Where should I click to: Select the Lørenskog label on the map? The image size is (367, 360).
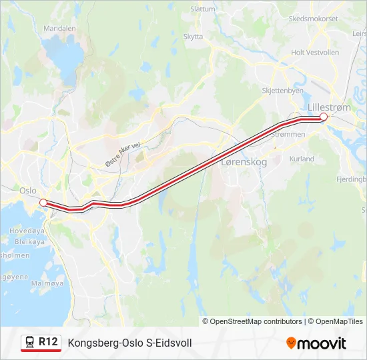(244, 162)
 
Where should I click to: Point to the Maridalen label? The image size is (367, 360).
(59, 29)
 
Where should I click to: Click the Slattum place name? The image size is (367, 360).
(203, 9)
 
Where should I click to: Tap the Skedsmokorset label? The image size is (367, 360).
(313, 19)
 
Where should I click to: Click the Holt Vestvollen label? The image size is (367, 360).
(316, 52)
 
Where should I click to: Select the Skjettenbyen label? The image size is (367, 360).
(283, 91)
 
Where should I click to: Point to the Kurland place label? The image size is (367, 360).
(302, 159)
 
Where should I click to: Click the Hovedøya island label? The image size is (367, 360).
(21, 231)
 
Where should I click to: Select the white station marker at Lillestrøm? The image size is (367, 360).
(324, 117)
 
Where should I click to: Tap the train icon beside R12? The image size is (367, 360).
(30, 342)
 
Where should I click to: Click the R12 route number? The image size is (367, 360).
(47, 342)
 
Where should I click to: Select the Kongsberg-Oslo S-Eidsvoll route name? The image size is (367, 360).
(129, 343)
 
